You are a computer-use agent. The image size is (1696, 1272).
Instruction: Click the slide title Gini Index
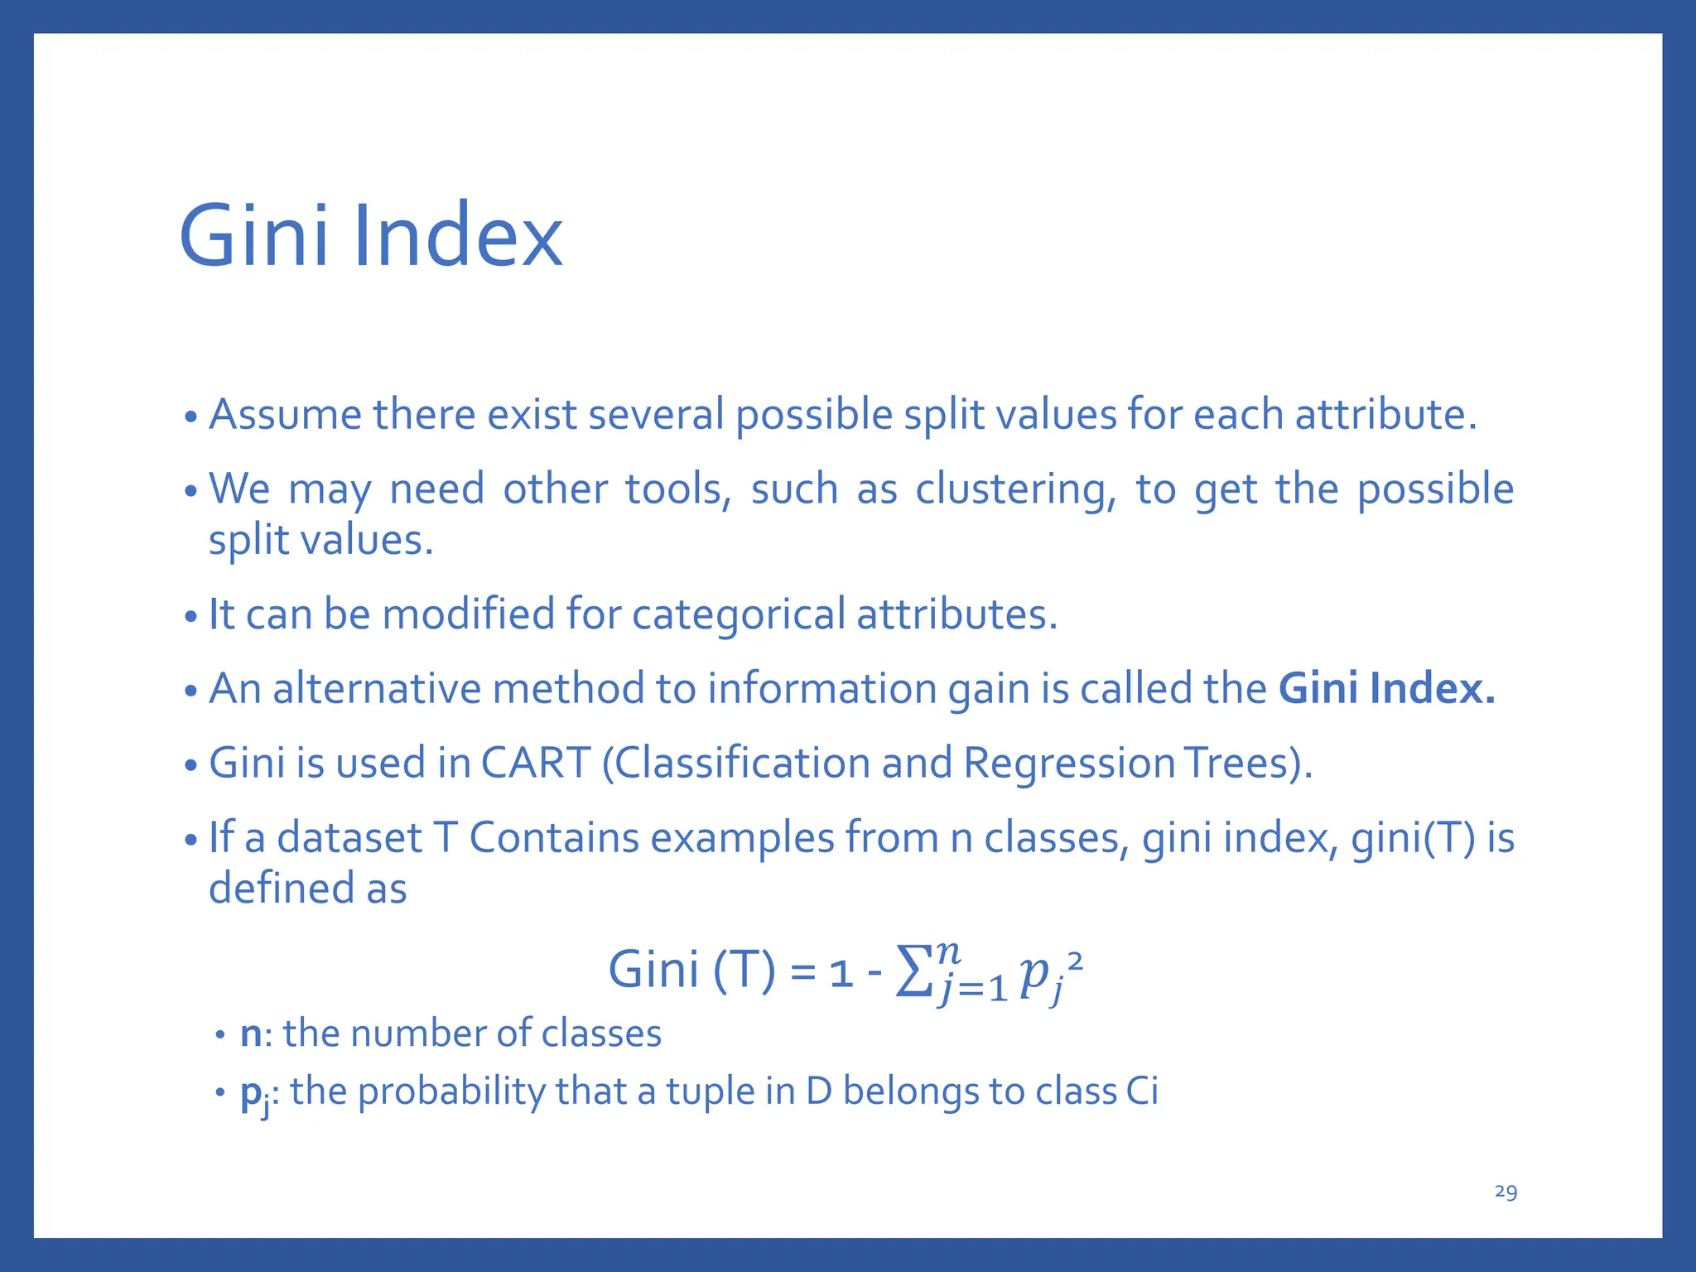pos(370,237)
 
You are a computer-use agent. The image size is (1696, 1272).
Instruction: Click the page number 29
pos(1506,1192)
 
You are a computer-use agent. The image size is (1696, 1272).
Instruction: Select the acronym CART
pos(535,763)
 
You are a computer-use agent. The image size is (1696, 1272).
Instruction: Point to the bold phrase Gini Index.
pos(1387,689)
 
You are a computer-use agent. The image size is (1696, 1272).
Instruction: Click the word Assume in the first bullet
pos(285,415)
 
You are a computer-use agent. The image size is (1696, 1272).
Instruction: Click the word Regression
pos(1068,763)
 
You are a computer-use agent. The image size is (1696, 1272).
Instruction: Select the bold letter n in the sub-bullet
pos(250,1034)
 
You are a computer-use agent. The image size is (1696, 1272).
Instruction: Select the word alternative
pos(377,689)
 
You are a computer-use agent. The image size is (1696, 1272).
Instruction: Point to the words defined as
pos(307,889)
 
